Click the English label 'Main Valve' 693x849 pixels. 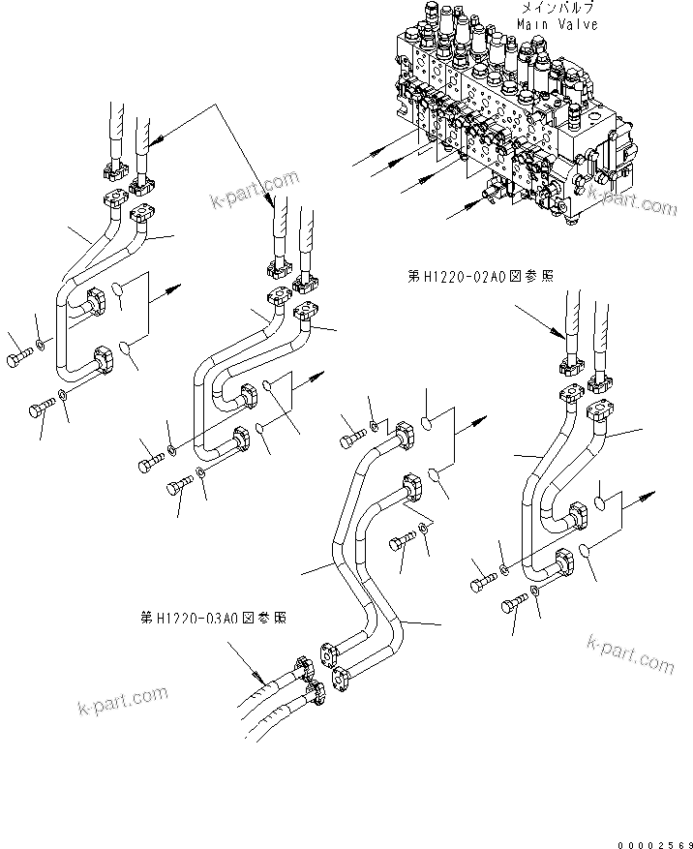coord(557,24)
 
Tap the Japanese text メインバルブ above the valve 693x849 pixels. coord(557,8)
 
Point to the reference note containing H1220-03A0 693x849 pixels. coord(213,617)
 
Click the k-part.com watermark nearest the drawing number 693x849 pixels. coord(629,653)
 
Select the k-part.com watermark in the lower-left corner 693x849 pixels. coord(122,704)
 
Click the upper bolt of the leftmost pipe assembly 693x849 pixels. coord(22,358)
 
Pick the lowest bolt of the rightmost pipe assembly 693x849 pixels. coord(511,607)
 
